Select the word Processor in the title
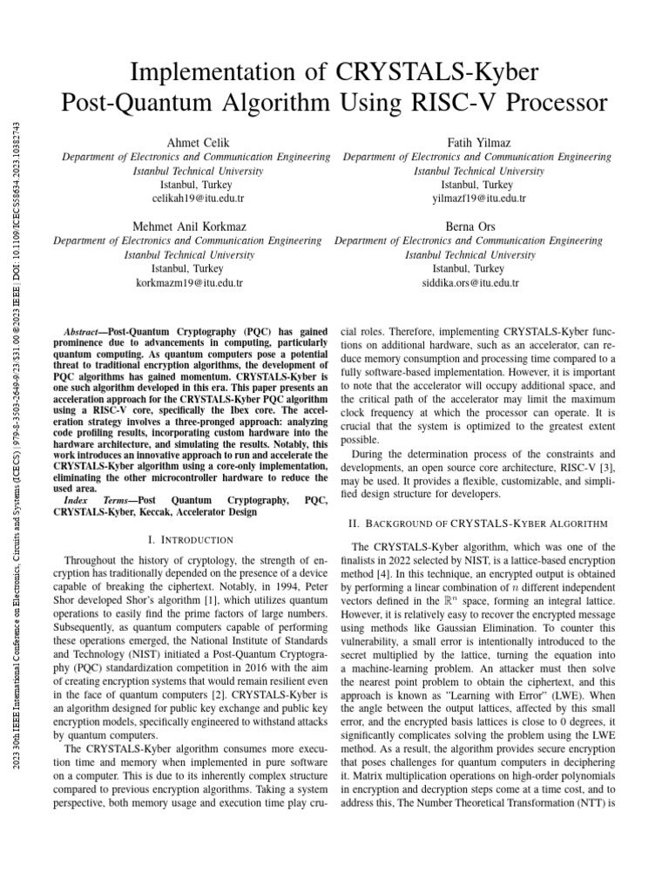pyautogui.click(x=544, y=103)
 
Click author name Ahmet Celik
pyautogui.click(x=197, y=142)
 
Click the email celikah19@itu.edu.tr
pyautogui.click(x=197, y=199)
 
